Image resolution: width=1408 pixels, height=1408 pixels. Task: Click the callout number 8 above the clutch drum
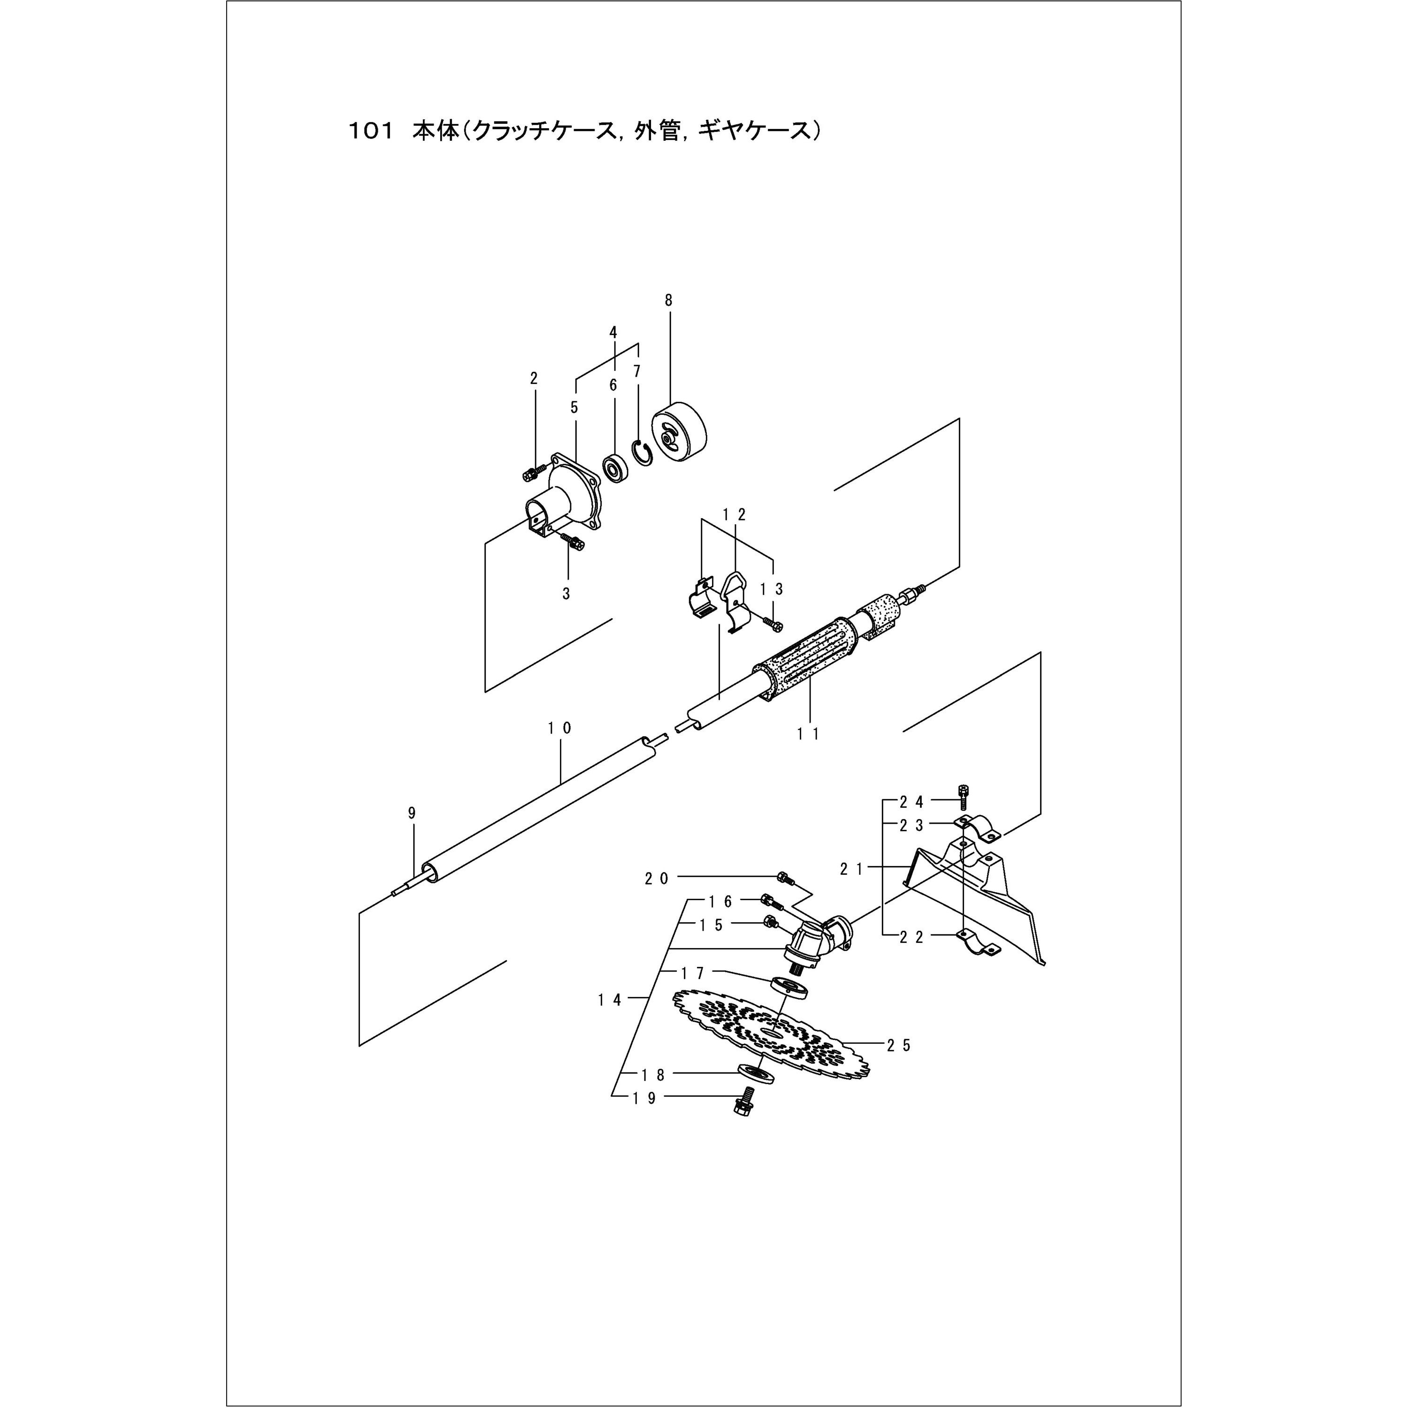[x=668, y=300]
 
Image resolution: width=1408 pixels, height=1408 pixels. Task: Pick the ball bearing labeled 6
[x=615, y=467]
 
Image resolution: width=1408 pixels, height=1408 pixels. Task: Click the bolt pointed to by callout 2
[x=530, y=474]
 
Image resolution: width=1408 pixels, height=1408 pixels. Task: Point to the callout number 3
[x=566, y=594]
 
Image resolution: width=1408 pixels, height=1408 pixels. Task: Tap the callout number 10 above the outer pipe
[x=560, y=727]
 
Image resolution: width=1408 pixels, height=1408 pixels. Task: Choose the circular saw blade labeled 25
[x=773, y=1038]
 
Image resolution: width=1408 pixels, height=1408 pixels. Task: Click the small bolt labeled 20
[x=784, y=878]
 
